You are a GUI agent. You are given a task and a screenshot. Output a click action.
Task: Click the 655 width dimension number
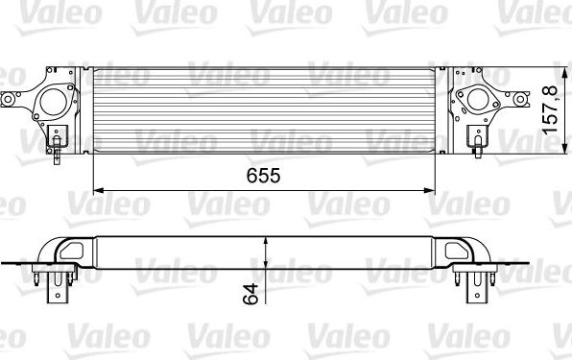(x=260, y=176)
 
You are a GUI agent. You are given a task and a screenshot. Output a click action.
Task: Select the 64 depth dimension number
(x=251, y=295)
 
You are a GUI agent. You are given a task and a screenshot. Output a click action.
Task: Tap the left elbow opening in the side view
(x=72, y=251)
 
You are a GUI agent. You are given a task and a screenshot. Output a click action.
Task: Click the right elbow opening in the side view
(x=458, y=251)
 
